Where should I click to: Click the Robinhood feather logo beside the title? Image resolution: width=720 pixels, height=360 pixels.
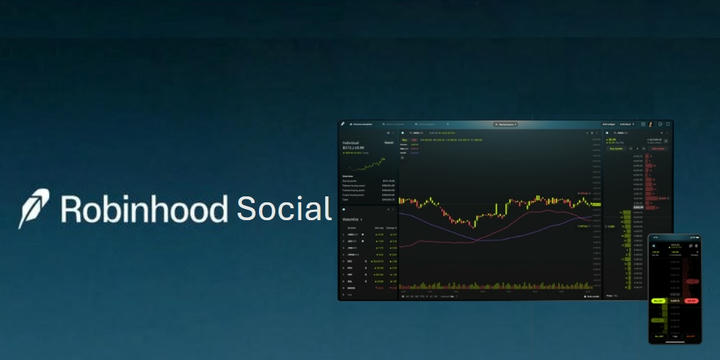pos(35,208)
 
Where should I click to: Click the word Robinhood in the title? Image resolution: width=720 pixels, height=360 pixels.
pos(144,208)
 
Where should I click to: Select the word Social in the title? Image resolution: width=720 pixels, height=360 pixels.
pos(283,208)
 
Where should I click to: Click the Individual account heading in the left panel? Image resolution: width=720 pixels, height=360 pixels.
pos(351,143)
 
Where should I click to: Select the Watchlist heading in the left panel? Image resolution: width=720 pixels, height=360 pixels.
pos(352,218)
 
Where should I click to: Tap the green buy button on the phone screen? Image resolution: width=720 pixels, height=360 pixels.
pos(659,299)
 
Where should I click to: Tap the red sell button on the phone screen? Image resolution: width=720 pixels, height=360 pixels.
pos(689,299)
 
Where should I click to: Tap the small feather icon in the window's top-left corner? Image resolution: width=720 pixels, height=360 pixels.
pos(343,124)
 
